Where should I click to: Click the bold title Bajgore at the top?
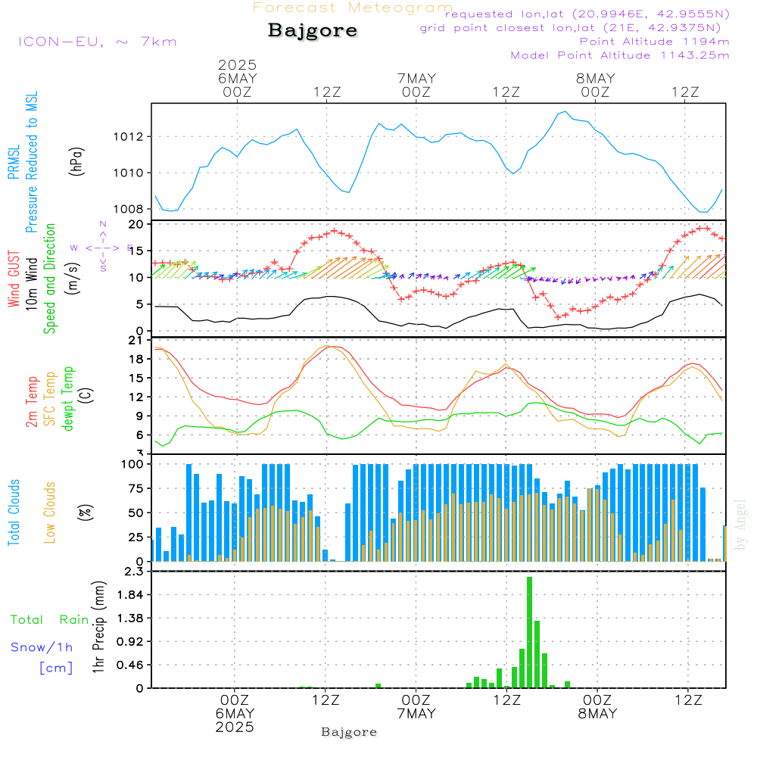tap(313, 31)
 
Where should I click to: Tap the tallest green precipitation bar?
tap(529, 632)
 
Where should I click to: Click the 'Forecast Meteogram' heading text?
tap(353, 8)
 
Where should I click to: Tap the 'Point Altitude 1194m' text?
tap(654, 41)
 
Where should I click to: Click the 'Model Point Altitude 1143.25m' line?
tap(620, 55)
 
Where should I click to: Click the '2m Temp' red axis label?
tap(32, 402)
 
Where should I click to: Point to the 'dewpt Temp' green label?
tap(68, 399)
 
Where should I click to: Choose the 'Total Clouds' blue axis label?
tap(14, 512)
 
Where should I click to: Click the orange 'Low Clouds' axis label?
tap(50, 512)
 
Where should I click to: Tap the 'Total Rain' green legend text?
tap(50, 620)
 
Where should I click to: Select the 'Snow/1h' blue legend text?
tap(42, 648)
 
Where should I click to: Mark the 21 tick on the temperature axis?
tap(136, 340)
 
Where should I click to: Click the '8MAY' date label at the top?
tap(596, 79)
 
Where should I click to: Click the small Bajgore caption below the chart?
tap(349, 732)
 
